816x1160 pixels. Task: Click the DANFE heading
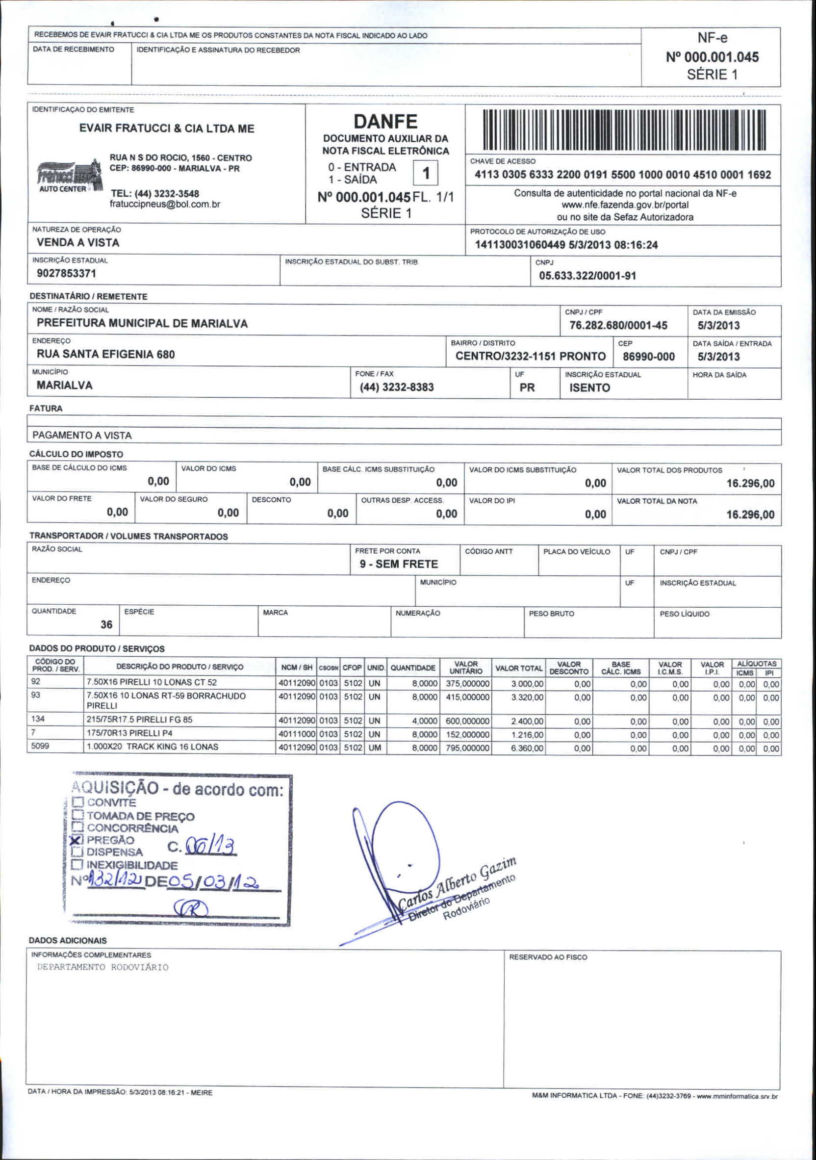click(385, 122)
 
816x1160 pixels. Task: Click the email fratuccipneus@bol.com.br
click(165, 205)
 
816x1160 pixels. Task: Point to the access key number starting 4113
click(622, 175)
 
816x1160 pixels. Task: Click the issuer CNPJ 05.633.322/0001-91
click(587, 276)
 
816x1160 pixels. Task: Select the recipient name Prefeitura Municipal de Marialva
click(142, 323)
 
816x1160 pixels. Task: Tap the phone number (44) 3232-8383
click(397, 387)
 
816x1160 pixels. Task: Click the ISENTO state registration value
click(589, 388)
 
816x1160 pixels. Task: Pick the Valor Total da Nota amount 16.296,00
click(750, 515)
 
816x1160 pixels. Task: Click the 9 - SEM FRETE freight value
click(399, 565)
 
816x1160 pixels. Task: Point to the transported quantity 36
click(106, 625)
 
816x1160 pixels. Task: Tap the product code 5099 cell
click(40, 746)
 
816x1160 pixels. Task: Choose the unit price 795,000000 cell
click(467, 748)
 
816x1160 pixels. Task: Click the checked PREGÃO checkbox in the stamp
click(77, 840)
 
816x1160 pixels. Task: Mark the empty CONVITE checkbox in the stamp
click(77, 802)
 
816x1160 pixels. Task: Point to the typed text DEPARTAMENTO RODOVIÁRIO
click(102, 967)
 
